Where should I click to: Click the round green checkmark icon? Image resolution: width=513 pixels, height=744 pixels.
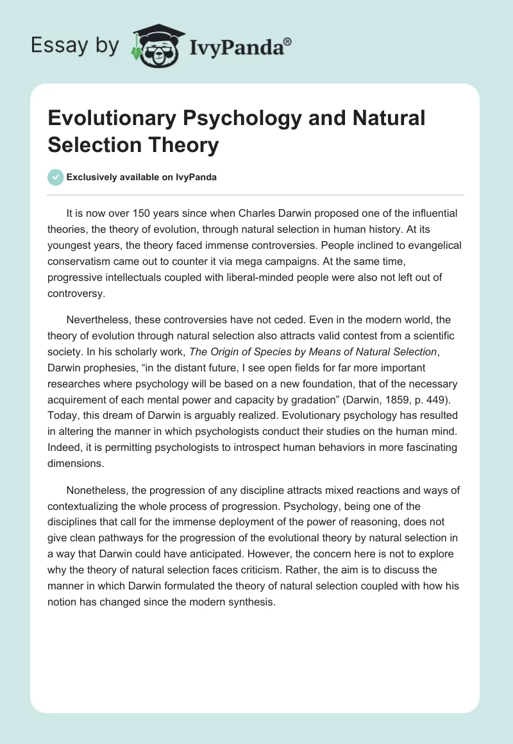tap(56, 177)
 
